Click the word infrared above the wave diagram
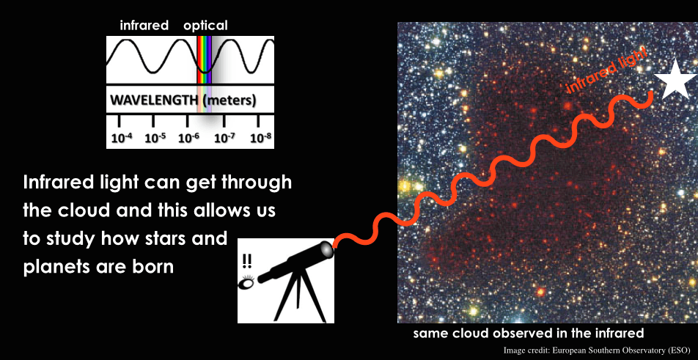(144, 26)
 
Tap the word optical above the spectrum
(205, 26)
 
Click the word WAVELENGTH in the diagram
(153, 100)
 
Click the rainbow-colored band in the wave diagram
(205, 60)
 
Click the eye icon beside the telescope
(246, 282)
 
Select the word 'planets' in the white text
(53, 267)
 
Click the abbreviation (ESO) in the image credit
(678, 350)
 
